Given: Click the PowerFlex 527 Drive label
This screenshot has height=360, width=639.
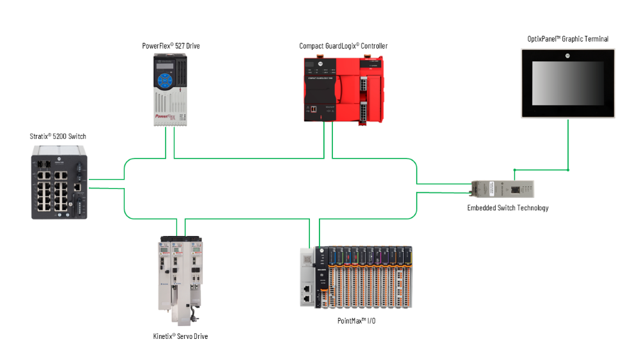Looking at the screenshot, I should [x=175, y=46].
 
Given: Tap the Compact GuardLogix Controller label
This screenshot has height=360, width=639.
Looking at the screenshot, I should [x=343, y=46].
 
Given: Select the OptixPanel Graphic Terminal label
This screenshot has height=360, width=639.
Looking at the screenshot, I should [x=567, y=39].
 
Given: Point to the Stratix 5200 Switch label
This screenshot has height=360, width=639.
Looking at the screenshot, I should [x=58, y=136].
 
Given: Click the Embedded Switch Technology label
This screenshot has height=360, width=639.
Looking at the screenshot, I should [x=507, y=208].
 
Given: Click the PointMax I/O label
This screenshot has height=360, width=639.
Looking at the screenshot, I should [x=356, y=320].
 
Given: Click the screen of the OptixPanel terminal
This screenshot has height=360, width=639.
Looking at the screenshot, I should [x=567, y=84].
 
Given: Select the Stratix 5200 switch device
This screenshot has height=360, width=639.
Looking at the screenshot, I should [x=59, y=182].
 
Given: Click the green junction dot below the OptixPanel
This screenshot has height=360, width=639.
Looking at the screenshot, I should [x=568, y=170].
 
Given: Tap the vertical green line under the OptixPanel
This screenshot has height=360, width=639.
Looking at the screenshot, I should [x=568, y=144].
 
